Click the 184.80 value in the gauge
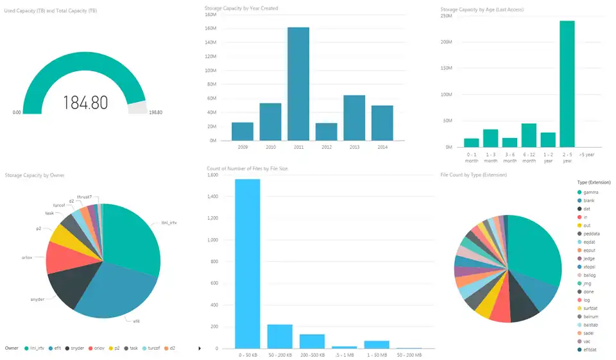point(85,102)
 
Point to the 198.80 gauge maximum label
point(155,112)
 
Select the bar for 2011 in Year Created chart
point(298,83)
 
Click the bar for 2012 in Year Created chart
point(327,132)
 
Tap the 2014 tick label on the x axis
point(382,147)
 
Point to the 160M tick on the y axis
point(211,29)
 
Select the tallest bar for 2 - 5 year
point(567,84)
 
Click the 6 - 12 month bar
point(529,135)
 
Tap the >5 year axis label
point(586,155)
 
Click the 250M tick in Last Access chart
point(447,15)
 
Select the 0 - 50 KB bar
point(248,264)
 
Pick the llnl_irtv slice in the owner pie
point(132,237)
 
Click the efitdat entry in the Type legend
point(590,349)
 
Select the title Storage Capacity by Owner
point(35,175)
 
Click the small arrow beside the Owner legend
point(200,348)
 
